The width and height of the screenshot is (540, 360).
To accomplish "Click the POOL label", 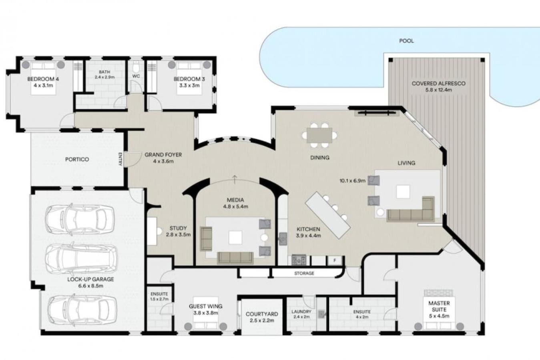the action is tap(406, 41).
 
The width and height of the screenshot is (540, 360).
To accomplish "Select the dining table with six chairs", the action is tap(319, 135).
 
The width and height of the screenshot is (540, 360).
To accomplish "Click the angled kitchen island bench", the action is tap(327, 215).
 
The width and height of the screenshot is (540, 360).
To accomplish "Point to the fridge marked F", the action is tap(335, 260).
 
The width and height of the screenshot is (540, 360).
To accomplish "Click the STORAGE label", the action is tap(304, 273).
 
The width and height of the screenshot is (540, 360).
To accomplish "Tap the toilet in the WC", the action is tap(136, 67).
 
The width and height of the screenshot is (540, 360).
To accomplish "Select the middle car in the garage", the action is tap(82, 259).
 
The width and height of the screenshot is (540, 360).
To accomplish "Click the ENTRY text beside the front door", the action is tap(120, 159).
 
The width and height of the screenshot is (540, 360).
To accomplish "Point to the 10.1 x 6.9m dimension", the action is tap(352, 180).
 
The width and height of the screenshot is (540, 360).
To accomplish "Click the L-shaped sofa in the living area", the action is tap(411, 209).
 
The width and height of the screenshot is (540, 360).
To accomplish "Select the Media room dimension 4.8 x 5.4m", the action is tap(235, 206).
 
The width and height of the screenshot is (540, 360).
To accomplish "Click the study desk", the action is tap(152, 231).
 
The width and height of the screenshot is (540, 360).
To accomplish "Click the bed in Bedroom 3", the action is tap(189, 78).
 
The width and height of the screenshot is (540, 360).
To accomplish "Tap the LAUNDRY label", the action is tap(301, 312).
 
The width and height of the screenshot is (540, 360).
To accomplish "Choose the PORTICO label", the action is tap(77, 159).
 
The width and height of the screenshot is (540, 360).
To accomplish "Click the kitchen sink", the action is tap(283, 239).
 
